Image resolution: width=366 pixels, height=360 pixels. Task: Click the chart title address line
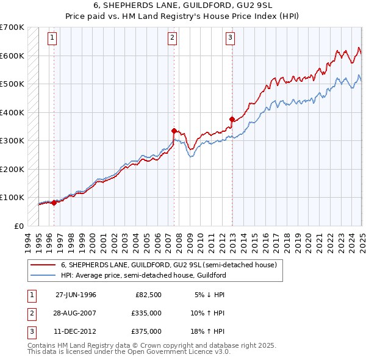point(182,7)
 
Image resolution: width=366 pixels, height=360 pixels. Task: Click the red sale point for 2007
point(174,130)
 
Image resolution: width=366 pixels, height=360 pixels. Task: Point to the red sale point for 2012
point(232,119)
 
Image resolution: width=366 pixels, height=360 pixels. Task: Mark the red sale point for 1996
point(54,203)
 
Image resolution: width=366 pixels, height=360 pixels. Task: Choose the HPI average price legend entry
point(143,275)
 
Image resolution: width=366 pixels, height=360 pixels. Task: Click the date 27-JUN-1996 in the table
point(76,295)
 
